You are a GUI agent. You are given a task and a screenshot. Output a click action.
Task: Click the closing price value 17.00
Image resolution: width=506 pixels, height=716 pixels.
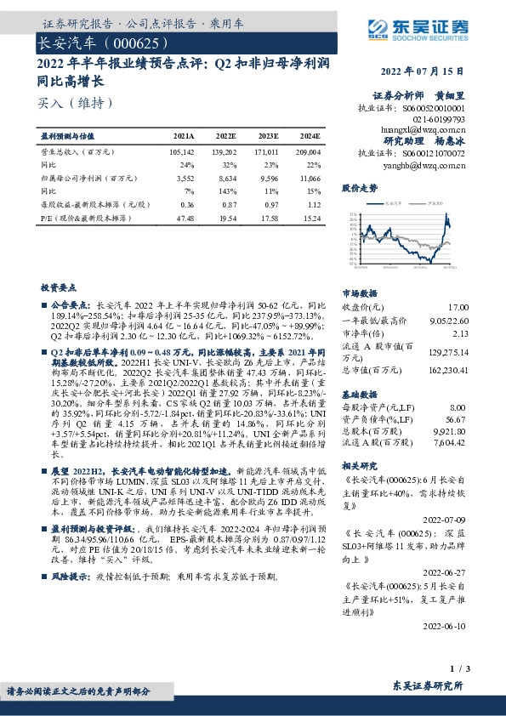pyautogui.click(x=458, y=307)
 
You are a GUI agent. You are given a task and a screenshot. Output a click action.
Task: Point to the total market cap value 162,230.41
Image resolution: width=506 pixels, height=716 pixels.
pyautogui.click(x=446, y=371)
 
